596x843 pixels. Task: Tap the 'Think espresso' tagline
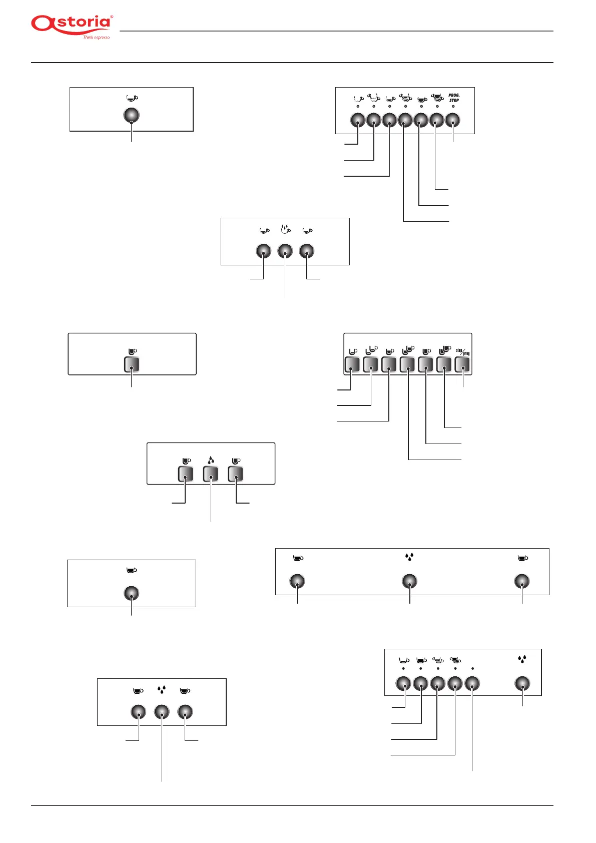pos(96,38)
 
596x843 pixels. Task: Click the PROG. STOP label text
pos(453,98)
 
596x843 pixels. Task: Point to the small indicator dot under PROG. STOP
pos(453,107)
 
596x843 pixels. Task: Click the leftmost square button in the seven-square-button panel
pos(352,364)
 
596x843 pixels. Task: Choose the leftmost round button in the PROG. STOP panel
pos(358,120)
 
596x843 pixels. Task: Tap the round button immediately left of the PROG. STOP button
pos(437,120)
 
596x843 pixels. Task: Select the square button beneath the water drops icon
pos(211,474)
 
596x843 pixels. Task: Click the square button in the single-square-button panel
pos(132,364)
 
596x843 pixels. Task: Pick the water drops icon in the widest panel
pos(409,557)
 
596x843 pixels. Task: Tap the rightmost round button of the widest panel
pos(522,581)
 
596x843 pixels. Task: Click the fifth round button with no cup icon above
pos(472,683)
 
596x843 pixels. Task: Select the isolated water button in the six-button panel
pos(522,683)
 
